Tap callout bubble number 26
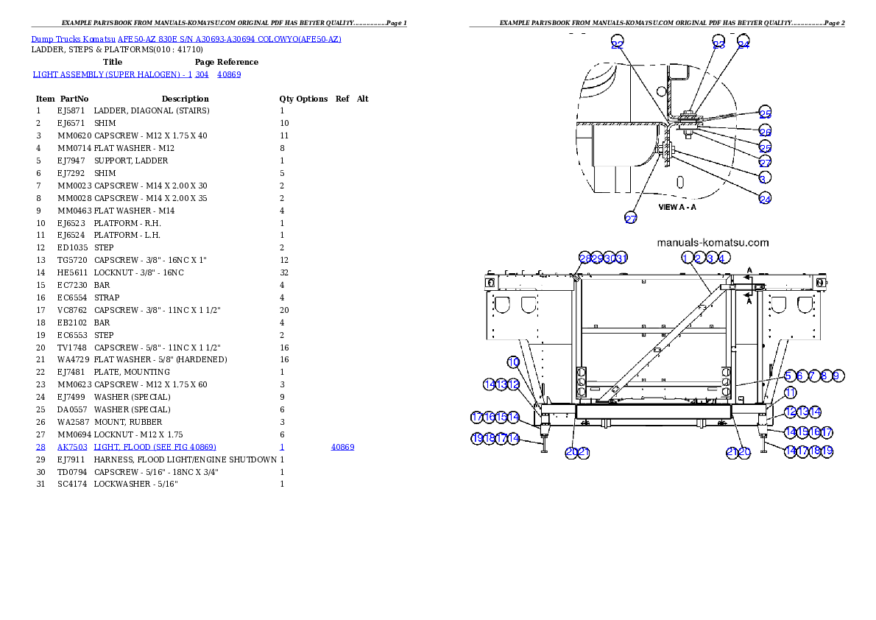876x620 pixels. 766,131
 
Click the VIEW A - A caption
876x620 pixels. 677,207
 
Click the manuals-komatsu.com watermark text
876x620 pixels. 712,242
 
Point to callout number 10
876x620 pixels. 514,362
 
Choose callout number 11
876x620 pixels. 789,392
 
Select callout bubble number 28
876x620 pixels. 584,258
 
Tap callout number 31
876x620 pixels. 621,258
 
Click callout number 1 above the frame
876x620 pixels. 687,258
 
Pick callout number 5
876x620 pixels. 788,376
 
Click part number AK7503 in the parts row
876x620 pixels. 73,447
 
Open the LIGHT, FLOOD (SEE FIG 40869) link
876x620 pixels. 155,447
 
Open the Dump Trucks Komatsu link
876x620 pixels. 74,38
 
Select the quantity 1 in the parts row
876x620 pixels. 282,447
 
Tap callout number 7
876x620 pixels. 812,376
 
